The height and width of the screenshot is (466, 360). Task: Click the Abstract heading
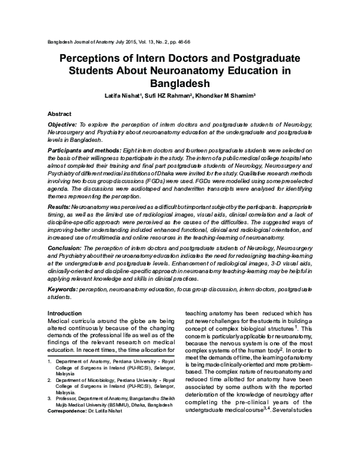[x=59, y=113]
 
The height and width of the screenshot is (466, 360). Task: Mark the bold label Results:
[x=59, y=205]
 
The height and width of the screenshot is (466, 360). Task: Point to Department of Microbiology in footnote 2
[x=88, y=381]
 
